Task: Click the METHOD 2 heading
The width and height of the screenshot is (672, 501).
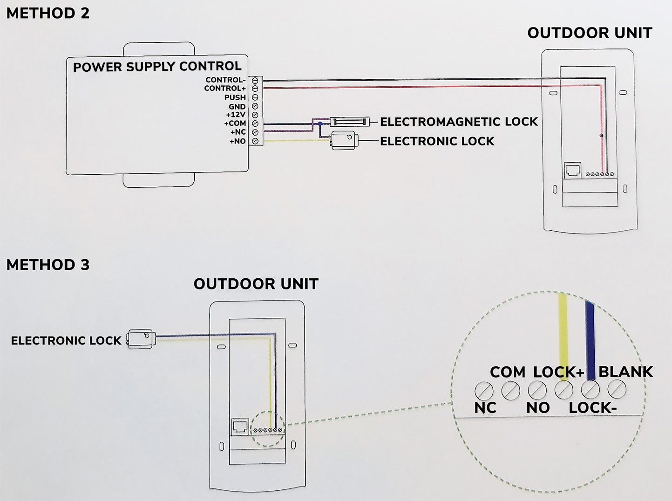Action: pos(48,13)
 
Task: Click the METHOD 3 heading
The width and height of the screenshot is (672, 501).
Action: pos(48,265)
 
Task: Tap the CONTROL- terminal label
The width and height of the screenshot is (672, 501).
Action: pos(225,80)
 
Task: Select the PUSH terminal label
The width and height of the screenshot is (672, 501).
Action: pos(235,97)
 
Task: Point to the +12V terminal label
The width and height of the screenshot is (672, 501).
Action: pos(236,115)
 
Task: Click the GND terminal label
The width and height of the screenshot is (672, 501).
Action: pos(237,107)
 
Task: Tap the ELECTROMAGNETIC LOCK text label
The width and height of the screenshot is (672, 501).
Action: pos(459,122)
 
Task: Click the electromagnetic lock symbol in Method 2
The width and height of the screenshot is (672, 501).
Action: pos(349,122)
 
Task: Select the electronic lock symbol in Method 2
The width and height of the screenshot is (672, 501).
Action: pos(344,140)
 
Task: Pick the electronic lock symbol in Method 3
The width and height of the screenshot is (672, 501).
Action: pos(140,338)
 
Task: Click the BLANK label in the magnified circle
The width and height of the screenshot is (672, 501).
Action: pos(625,371)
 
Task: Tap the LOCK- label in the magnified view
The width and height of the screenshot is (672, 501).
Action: pos(592,408)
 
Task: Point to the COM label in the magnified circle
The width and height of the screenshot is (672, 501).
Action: pos(507,372)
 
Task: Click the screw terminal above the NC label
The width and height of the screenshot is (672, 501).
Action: pos(484,390)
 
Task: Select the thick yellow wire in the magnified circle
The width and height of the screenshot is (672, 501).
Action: pos(563,331)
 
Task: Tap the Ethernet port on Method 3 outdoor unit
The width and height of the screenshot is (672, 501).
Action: pos(240,426)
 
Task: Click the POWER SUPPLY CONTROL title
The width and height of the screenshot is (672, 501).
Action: pos(157,67)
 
